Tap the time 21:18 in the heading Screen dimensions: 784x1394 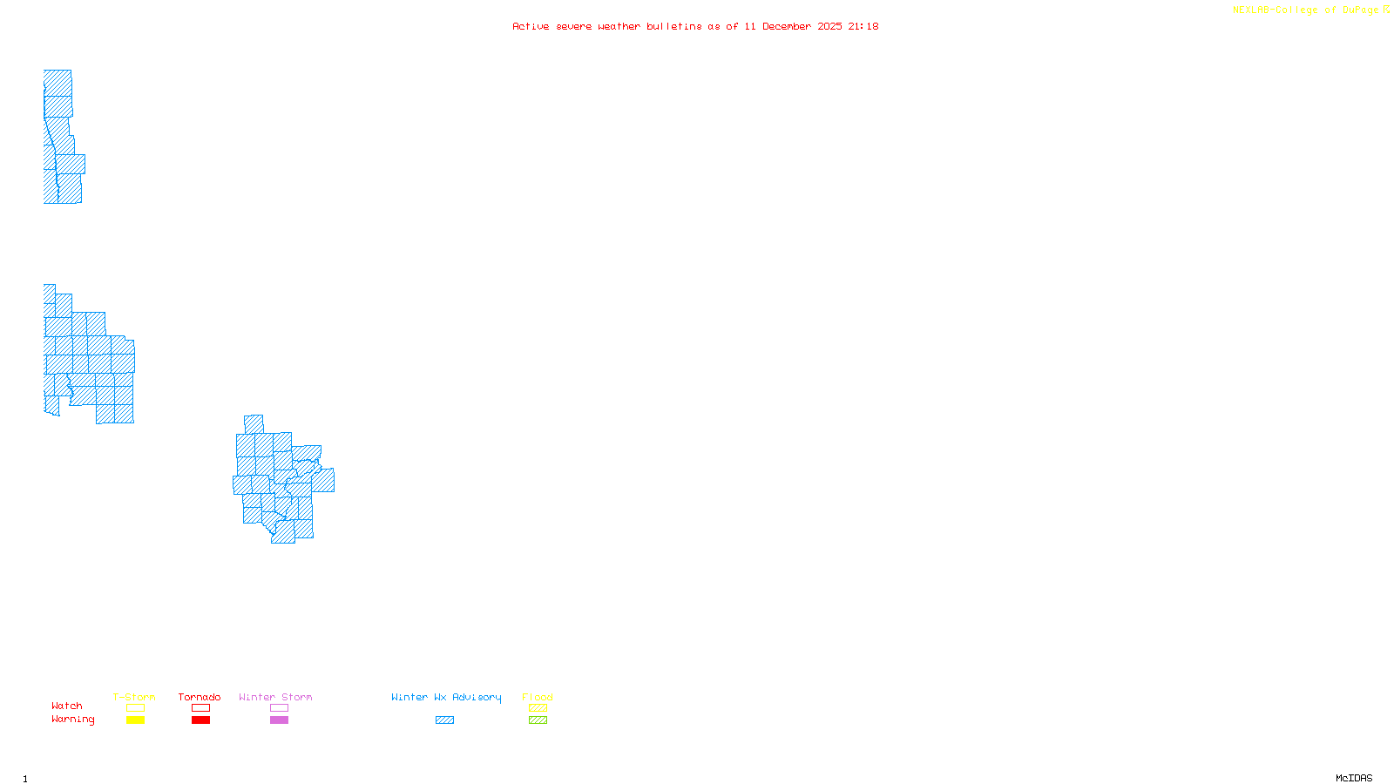(863, 26)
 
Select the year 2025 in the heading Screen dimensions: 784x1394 (829, 26)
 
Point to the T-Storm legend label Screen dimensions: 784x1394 (134, 697)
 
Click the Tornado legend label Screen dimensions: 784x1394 (200, 697)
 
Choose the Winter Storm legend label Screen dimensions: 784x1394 (275, 697)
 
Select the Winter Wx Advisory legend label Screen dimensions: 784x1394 (446, 697)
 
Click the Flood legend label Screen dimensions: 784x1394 (538, 697)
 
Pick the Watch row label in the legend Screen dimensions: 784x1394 (67, 706)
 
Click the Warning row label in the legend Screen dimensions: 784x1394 (73, 720)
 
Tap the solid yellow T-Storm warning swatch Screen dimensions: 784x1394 (135, 720)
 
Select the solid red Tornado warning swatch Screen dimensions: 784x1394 (200, 720)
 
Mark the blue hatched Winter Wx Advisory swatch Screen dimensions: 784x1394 (444, 720)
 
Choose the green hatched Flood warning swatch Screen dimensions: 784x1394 (538, 720)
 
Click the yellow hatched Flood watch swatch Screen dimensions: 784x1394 (538, 708)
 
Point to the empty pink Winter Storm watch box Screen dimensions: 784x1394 (279, 708)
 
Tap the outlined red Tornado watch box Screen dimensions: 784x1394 (200, 708)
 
